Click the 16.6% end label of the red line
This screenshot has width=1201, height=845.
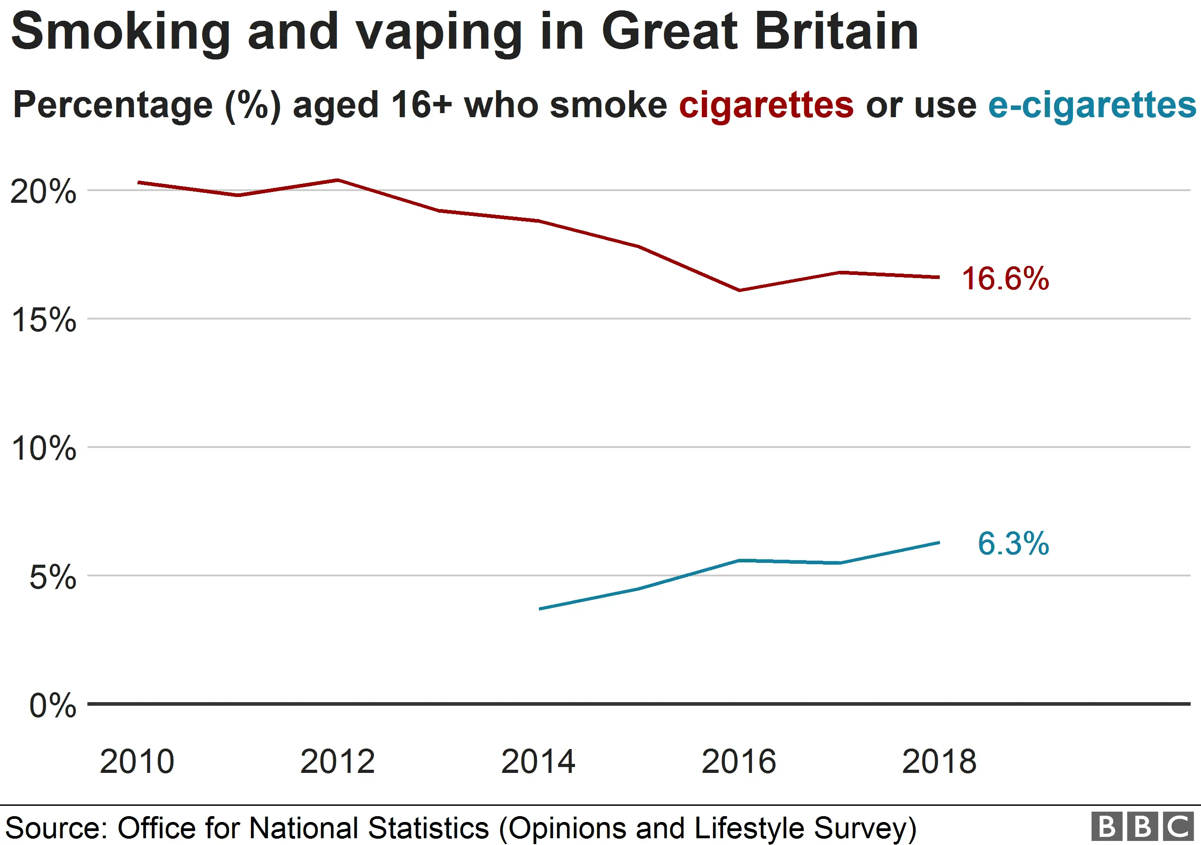click(x=1005, y=279)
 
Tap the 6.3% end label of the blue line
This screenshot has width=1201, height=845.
click(x=1013, y=544)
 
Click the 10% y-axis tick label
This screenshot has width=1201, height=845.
click(x=43, y=448)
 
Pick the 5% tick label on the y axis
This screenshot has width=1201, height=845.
click(x=52, y=578)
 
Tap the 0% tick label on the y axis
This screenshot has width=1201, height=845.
click(x=52, y=706)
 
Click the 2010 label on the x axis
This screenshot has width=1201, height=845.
click(x=137, y=762)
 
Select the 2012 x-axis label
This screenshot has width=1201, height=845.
click(x=337, y=762)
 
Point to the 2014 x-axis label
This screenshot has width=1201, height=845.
click(x=538, y=762)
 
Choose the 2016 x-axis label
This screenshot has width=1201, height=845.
click(x=739, y=762)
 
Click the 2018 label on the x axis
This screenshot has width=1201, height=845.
click(x=939, y=762)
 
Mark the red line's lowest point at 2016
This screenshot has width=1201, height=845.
click(x=739, y=290)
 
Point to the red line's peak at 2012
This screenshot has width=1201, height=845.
click(x=338, y=180)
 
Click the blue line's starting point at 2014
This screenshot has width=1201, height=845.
click(x=540, y=609)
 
